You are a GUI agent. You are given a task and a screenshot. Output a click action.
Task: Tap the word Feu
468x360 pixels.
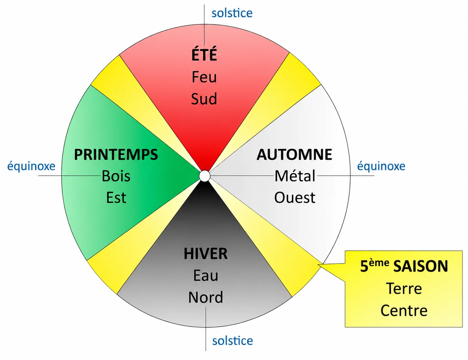click(204, 77)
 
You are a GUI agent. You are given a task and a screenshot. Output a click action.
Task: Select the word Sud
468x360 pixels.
click(204, 99)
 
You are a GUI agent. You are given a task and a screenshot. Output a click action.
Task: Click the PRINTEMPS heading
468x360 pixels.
click(116, 154)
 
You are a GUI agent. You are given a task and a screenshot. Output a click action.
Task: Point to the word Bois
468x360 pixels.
click(116, 176)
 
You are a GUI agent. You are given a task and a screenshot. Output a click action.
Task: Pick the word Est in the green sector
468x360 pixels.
click(116, 198)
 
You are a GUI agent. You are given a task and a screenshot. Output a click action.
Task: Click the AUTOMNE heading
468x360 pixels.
click(294, 154)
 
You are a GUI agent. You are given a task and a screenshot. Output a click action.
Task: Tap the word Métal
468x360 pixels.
click(295, 176)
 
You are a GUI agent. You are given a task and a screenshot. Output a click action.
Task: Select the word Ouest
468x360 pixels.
click(295, 198)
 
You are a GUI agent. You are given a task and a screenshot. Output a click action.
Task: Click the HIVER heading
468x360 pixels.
click(206, 254)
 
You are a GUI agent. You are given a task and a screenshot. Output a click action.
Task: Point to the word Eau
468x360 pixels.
click(206, 276)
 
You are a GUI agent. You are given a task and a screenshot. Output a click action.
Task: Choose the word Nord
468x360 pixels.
click(206, 298)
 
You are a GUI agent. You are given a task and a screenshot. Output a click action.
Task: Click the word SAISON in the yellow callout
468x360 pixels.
click(421, 266)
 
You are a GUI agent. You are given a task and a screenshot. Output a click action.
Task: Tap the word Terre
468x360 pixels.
click(404, 289)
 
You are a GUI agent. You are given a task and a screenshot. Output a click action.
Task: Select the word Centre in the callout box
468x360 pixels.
click(404, 311)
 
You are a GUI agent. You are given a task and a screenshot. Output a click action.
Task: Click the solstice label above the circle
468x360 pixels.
click(232, 13)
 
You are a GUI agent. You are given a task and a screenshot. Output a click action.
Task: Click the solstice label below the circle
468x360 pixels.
click(233, 341)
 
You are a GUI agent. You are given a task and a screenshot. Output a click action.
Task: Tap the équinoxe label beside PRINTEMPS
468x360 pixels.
click(31, 166)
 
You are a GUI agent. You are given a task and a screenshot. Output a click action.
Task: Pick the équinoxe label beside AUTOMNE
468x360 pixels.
click(381, 166)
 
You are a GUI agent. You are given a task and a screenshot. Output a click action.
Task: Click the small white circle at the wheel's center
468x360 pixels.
click(205, 176)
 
